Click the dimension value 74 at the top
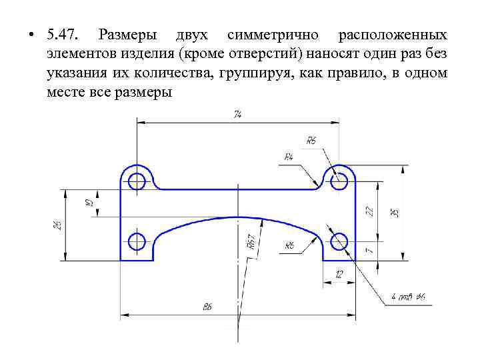pyautogui.click(x=237, y=115)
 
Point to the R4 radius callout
pyautogui.click(x=289, y=157)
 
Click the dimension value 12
pyautogui.click(x=339, y=275)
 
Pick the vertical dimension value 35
pyautogui.click(x=395, y=212)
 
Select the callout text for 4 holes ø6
pyautogui.click(x=413, y=297)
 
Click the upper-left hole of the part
pyautogui.click(x=137, y=181)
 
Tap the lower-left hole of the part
pyautogui.click(x=137, y=241)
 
